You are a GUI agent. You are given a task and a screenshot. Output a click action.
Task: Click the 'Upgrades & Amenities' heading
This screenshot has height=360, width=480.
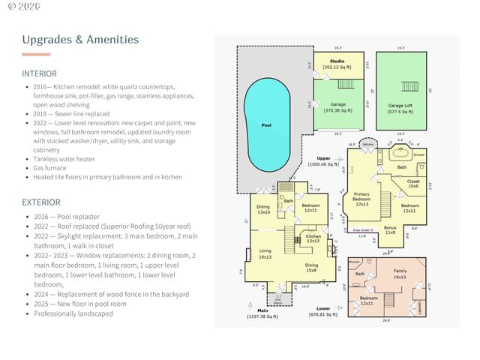(80, 39)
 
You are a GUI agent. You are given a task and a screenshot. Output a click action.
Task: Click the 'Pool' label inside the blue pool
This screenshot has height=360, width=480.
(266, 126)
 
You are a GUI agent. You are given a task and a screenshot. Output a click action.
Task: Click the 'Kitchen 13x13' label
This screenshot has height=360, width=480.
(313, 238)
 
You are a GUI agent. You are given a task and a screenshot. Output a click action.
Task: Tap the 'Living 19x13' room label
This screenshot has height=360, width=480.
(265, 253)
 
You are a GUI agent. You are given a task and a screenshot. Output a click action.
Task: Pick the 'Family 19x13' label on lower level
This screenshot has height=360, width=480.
(400, 274)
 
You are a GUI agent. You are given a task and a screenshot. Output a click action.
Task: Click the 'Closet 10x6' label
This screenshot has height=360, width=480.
(412, 183)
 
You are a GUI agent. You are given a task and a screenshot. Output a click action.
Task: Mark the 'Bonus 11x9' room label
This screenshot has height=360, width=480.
(389, 230)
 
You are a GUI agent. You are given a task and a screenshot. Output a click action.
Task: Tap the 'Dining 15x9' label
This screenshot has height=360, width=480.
(311, 267)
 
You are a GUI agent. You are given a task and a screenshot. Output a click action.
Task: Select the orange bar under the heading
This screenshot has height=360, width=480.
(36, 55)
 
